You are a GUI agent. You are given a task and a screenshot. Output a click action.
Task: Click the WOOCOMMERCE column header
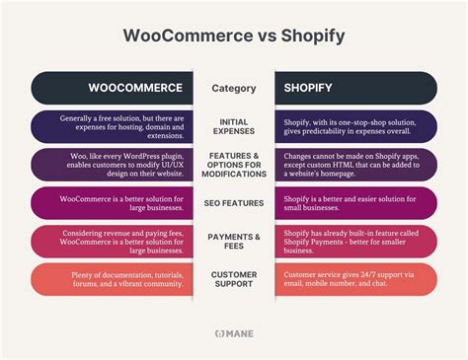click(x=134, y=88)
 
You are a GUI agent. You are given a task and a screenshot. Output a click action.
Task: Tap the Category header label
click(x=234, y=88)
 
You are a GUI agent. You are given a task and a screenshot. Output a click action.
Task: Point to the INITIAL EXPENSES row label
click(x=234, y=125)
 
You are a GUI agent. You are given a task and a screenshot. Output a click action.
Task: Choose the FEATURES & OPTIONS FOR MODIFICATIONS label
click(x=234, y=163)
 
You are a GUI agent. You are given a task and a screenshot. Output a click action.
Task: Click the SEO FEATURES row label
click(x=234, y=203)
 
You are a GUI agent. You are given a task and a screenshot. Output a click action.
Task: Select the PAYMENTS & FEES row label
click(x=234, y=242)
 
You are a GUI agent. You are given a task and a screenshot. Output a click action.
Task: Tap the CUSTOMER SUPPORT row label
click(x=234, y=279)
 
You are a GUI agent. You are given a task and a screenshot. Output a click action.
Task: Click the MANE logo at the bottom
click(x=234, y=333)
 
